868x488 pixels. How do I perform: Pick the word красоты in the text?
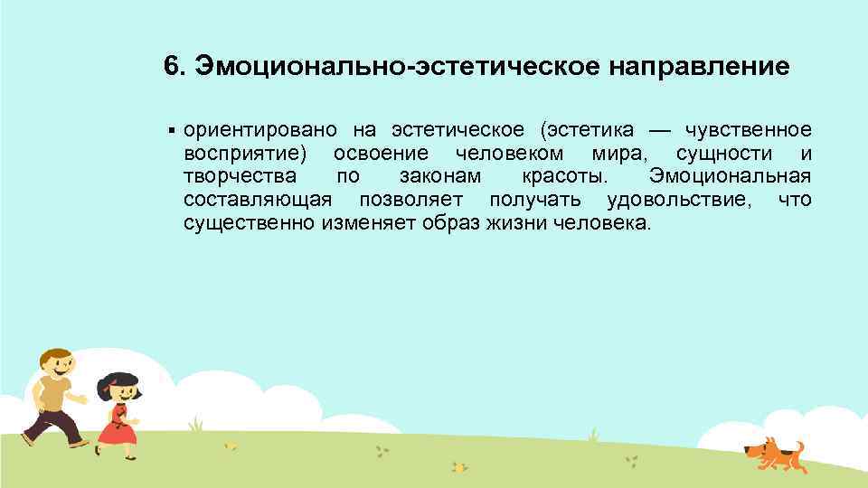[561, 175]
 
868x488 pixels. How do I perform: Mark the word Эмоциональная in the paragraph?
[730, 175]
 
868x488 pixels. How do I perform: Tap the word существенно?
[249, 222]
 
